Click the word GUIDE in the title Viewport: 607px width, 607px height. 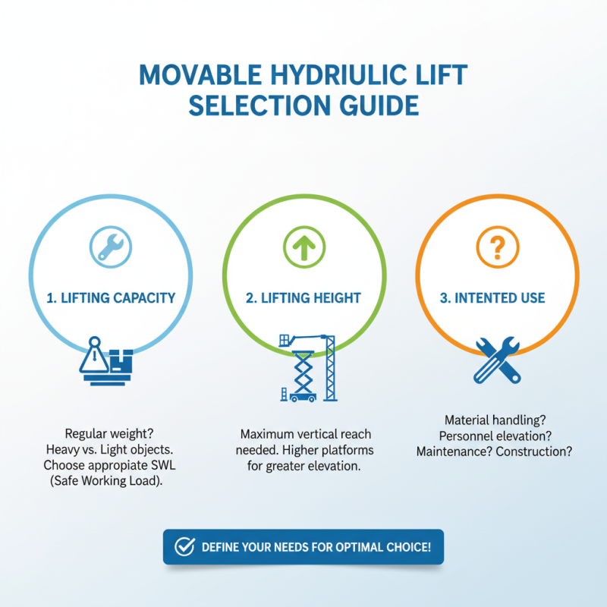pos(376,105)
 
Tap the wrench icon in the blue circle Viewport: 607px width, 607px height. pos(110,245)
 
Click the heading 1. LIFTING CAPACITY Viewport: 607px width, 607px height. pos(111,298)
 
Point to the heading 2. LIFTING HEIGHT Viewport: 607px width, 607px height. pos(303,298)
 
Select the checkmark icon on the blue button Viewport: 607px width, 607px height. pos(184,547)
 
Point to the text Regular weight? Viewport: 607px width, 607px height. pos(110,434)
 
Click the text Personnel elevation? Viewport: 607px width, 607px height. pos(495,436)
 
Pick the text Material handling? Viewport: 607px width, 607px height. pos(495,420)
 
